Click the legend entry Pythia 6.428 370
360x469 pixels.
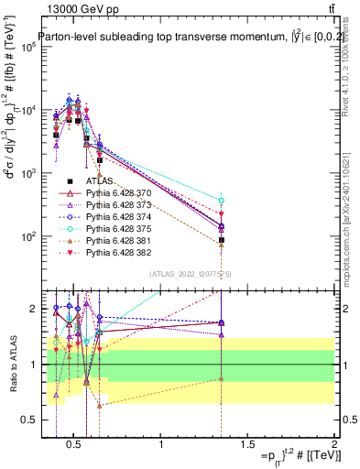pyautogui.click(x=116, y=193)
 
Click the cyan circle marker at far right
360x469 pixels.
pyautogui.click(x=222, y=200)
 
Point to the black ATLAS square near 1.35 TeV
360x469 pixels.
pyautogui.click(x=222, y=239)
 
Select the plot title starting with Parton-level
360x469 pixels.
pyautogui.click(x=183, y=38)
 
